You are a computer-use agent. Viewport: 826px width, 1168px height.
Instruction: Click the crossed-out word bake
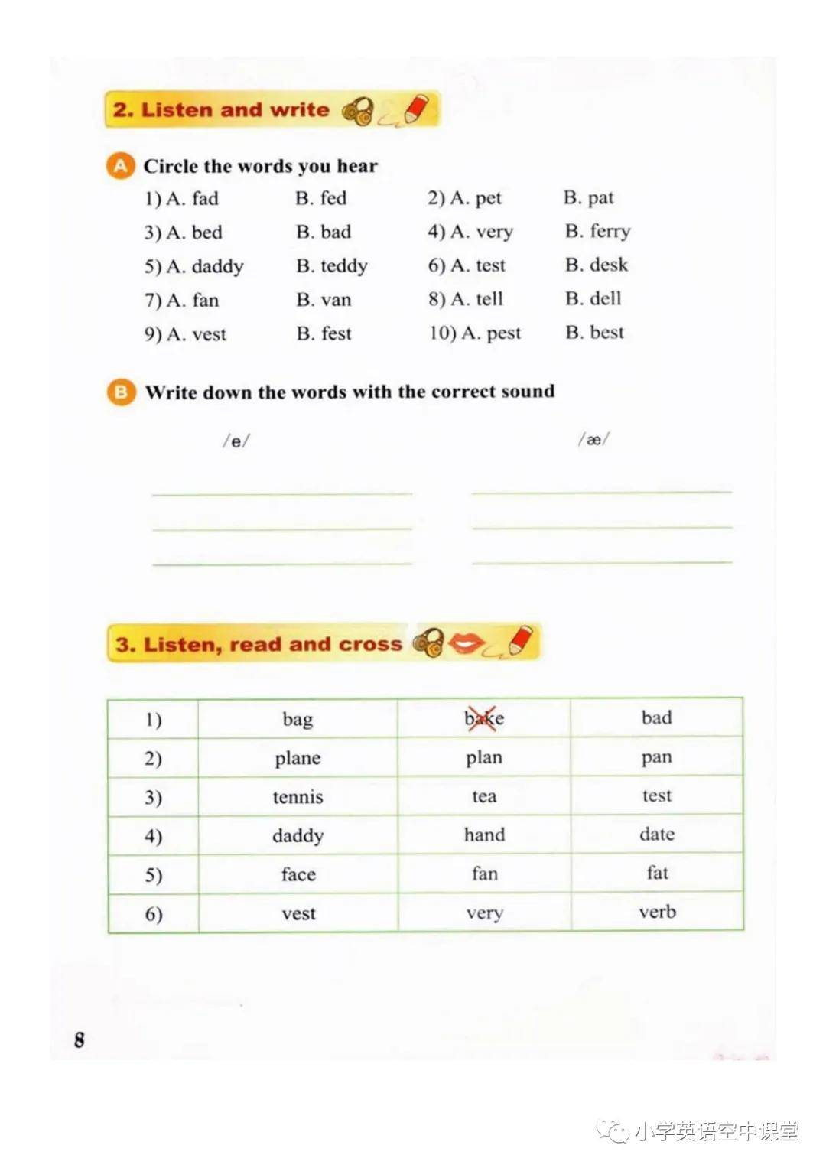click(483, 719)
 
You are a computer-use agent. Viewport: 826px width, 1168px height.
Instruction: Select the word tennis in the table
click(298, 797)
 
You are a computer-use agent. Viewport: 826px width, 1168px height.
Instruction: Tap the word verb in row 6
click(657, 912)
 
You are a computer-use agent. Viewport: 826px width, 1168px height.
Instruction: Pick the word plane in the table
click(298, 758)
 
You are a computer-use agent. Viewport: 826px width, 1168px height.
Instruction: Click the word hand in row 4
click(484, 835)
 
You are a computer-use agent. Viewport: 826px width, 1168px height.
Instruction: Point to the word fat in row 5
click(657, 873)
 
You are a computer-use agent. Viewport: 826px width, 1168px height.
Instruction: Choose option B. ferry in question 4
click(597, 231)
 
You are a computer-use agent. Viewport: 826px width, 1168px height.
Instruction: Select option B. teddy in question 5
click(332, 265)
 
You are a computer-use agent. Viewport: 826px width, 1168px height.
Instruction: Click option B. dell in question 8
click(593, 298)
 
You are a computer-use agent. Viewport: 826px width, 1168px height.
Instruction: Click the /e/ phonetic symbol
click(236, 441)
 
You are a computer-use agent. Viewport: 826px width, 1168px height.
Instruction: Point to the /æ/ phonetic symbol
click(593, 439)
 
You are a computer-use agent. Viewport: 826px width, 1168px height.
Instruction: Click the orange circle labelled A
click(120, 166)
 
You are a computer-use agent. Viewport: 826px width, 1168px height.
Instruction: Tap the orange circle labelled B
click(121, 392)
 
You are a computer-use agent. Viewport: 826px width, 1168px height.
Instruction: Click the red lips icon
click(466, 643)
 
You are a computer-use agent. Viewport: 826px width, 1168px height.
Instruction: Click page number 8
click(80, 1039)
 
